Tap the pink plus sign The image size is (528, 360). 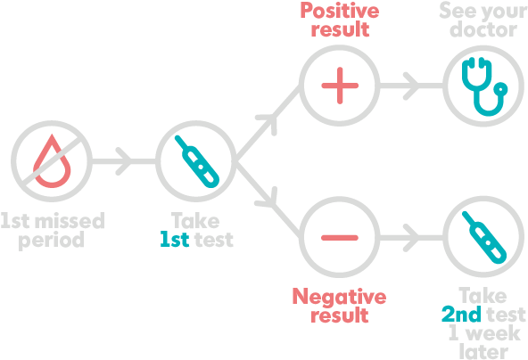pyautogui.click(x=339, y=86)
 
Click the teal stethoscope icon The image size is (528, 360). pyautogui.click(x=483, y=86)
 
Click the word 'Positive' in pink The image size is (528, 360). pyautogui.click(x=339, y=12)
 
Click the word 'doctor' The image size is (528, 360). pyautogui.click(x=483, y=31)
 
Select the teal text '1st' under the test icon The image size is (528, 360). pyautogui.click(x=174, y=240)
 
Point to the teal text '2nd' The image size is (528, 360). pyautogui.click(x=460, y=314)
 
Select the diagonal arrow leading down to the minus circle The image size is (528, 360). pyautogui.click(x=267, y=201)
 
